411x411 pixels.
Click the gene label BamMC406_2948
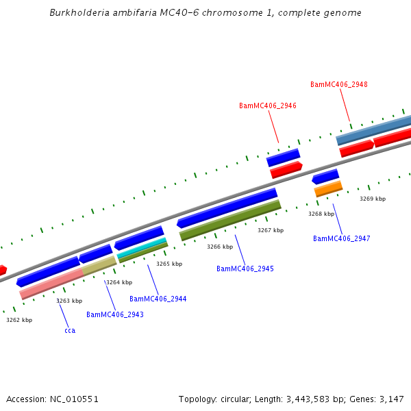tap(338, 85)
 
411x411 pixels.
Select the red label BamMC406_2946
tap(267, 106)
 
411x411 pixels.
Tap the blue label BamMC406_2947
tap(341, 239)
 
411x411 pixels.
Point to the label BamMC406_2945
tap(245, 269)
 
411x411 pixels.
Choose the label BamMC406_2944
tap(158, 299)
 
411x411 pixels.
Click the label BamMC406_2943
tap(114, 315)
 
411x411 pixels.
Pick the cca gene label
tap(70, 331)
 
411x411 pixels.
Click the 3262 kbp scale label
tap(19, 320)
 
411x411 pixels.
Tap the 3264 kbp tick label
tap(119, 282)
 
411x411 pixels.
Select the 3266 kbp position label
tap(220, 247)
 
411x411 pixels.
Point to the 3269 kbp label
tap(373, 199)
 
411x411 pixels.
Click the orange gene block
tap(328, 188)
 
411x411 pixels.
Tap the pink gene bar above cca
tap(51, 284)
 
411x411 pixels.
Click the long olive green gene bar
tap(230, 220)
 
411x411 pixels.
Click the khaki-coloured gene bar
tap(99, 266)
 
